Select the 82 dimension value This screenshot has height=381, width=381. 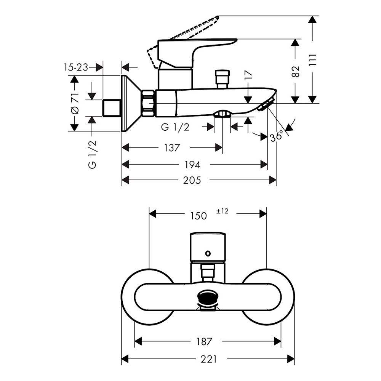(x=296, y=72)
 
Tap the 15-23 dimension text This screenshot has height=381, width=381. (x=76, y=67)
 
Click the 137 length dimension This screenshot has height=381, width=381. (x=172, y=148)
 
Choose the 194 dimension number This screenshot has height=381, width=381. (x=192, y=165)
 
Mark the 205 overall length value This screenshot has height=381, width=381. (x=192, y=180)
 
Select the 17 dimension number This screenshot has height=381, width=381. (x=248, y=75)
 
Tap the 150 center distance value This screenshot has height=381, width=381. (x=199, y=216)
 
